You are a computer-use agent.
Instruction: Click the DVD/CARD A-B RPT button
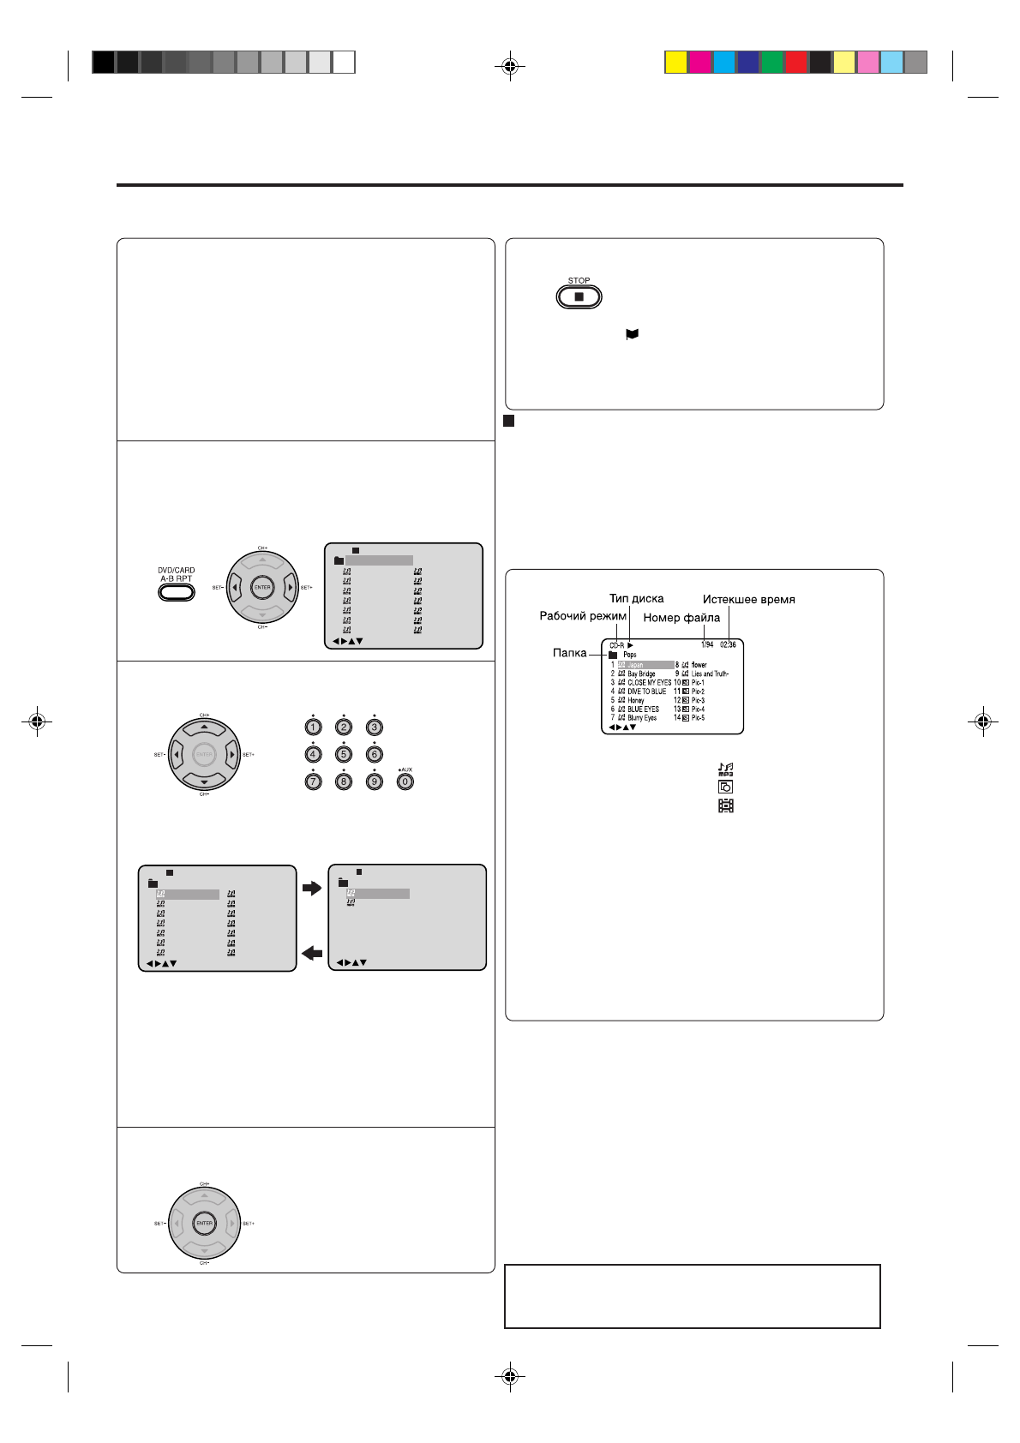pyautogui.click(x=176, y=591)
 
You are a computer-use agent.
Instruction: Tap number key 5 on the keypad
pyautogui.click(x=344, y=754)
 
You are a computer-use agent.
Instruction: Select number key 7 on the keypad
pyautogui.click(x=313, y=781)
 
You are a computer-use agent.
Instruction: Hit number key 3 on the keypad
pyautogui.click(x=374, y=727)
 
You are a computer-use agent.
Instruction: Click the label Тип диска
pyautogui.click(x=636, y=598)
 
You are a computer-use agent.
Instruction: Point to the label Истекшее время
pyautogui.click(x=748, y=600)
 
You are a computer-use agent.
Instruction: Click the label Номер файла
pyautogui.click(x=681, y=617)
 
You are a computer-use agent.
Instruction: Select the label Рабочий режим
pyautogui.click(x=583, y=616)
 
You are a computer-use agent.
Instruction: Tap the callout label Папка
pyautogui.click(x=569, y=653)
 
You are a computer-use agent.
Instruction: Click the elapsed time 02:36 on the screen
pyautogui.click(x=728, y=644)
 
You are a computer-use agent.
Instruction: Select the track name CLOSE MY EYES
pyautogui.click(x=649, y=683)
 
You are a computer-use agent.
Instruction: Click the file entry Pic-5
pyautogui.click(x=698, y=718)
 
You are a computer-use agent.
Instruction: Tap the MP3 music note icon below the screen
pyautogui.click(x=725, y=769)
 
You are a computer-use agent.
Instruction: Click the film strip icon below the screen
pyautogui.click(x=725, y=805)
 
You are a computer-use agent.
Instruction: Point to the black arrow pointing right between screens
pyautogui.click(x=312, y=889)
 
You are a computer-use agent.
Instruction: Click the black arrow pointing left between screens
pyautogui.click(x=312, y=953)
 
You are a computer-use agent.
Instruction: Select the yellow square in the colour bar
pyautogui.click(x=676, y=63)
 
